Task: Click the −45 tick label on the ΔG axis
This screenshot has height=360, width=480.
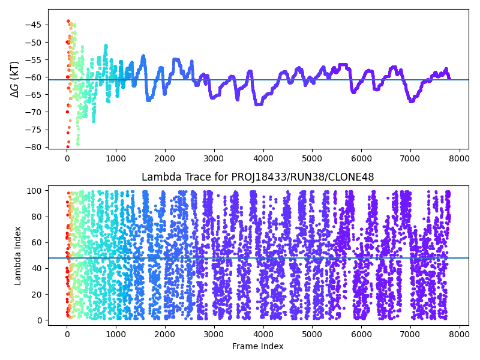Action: point(33,25)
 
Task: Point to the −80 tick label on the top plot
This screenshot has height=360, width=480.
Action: point(33,147)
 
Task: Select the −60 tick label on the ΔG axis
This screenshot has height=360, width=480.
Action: point(33,77)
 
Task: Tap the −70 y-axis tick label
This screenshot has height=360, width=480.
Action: point(33,112)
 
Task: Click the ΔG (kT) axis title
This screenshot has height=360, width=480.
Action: point(14,79)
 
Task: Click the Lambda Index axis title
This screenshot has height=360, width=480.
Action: point(17,256)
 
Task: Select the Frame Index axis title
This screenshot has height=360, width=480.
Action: point(258,346)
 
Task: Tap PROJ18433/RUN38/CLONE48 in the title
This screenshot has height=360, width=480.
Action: point(302,177)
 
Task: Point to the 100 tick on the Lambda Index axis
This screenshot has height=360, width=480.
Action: point(34,191)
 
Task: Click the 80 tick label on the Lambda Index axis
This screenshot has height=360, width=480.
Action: point(37,217)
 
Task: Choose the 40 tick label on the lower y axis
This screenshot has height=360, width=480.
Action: point(37,268)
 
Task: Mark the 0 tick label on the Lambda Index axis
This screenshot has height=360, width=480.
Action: point(39,320)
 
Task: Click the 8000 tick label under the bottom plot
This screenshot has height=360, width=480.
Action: point(460,334)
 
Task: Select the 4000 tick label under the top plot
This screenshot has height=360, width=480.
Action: point(263,158)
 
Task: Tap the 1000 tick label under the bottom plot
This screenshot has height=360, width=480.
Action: point(116,334)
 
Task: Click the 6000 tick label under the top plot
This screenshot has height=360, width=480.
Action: point(362,158)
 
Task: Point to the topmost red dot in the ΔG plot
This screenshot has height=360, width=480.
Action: point(68,21)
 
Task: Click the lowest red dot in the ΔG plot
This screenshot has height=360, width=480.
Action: point(68,147)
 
